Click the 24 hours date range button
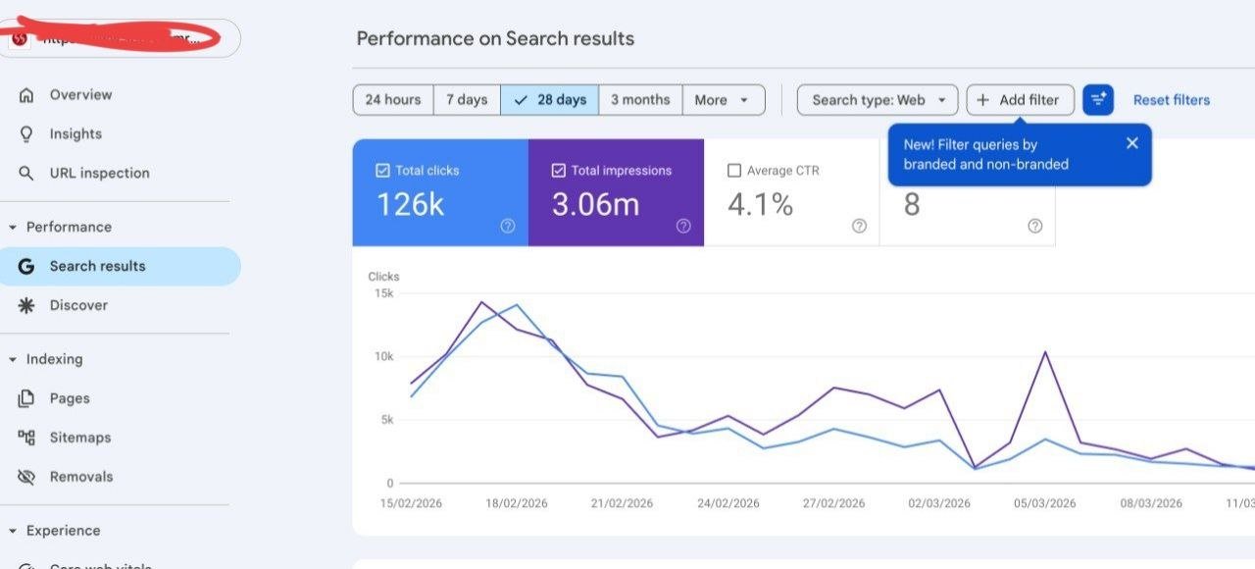click(x=392, y=100)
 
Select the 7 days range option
click(x=467, y=100)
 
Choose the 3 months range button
click(x=640, y=100)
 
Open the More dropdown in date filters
click(x=723, y=100)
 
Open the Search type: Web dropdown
click(x=878, y=100)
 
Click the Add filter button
click(x=1020, y=100)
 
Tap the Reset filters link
click(x=1172, y=100)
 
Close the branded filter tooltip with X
click(x=1132, y=143)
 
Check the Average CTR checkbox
click(x=734, y=171)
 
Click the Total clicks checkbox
click(x=382, y=171)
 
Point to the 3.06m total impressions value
click(x=595, y=204)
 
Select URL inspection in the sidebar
click(x=99, y=174)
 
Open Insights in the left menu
click(x=75, y=134)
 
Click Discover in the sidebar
click(x=78, y=305)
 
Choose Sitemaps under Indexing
click(x=79, y=438)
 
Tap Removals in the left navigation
click(x=81, y=477)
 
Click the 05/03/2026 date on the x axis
click(x=1045, y=503)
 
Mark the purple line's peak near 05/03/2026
click(x=1046, y=351)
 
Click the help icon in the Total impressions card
click(x=683, y=226)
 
